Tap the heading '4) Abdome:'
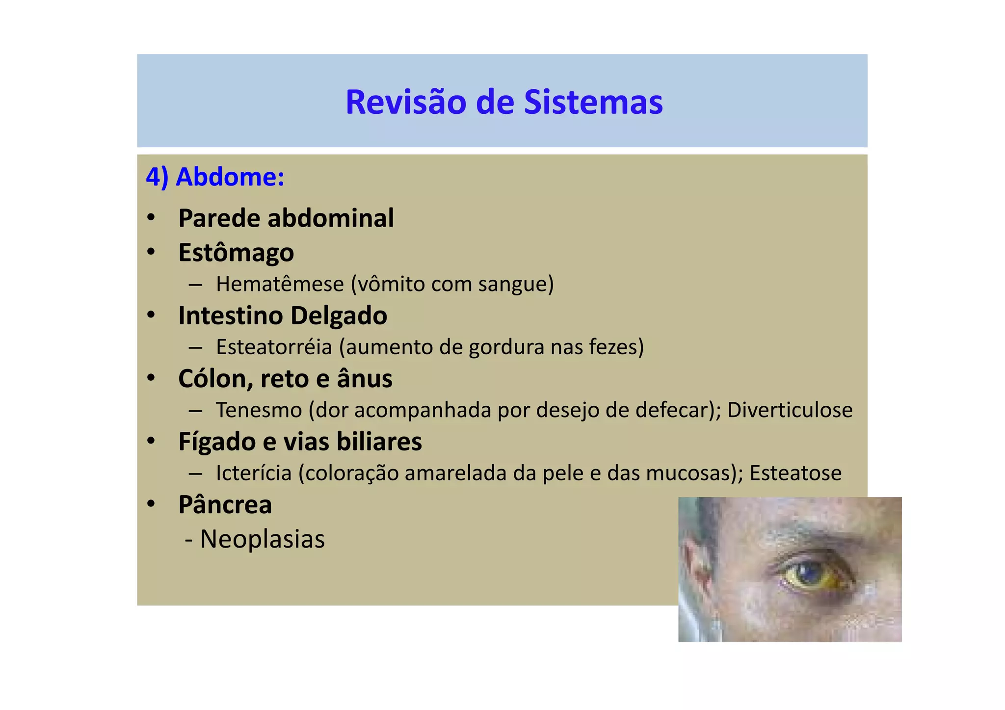[x=215, y=177]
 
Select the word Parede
[x=219, y=218]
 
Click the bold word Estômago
[x=236, y=253]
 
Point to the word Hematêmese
[x=280, y=284]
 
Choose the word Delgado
[x=338, y=316]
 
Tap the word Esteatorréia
[x=274, y=347]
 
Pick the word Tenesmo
[x=259, y=410]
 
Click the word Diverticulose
[x=790, y=410]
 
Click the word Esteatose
[x=795, y=473]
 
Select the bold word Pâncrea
[x=225, y=504]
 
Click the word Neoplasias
[x=262, y=539]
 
